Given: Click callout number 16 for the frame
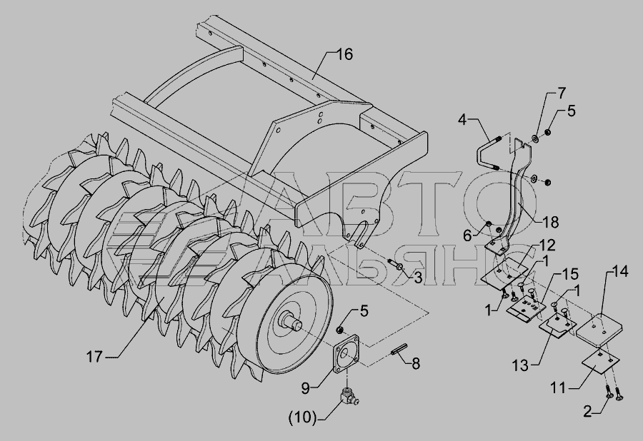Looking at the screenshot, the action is click(x=344, y=54).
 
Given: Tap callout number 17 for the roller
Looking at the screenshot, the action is click(x=94, y=357).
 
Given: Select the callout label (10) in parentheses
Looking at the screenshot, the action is click(x=302, y=417).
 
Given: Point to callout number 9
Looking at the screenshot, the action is click(x=305, y=387).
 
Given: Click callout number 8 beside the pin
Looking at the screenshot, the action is click(x=415, y=363).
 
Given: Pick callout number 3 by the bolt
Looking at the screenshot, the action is click(x=417, y=278).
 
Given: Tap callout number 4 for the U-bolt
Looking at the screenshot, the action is click(x=462, y=121).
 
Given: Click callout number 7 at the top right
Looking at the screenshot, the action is click(x=562, y=93).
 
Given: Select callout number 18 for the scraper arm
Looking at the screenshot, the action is click(x=550, y=222).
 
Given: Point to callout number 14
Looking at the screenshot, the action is click(x=620, y=271).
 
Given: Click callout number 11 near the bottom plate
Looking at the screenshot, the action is click(x=559, y=387).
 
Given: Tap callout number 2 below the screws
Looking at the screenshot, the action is click(x=588, y=412).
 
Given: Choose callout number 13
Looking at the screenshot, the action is click(x=520, y=365).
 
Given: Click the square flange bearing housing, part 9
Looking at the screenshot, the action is click(x=344, y=354).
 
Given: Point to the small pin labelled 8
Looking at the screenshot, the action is click(x=398, y=351).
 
